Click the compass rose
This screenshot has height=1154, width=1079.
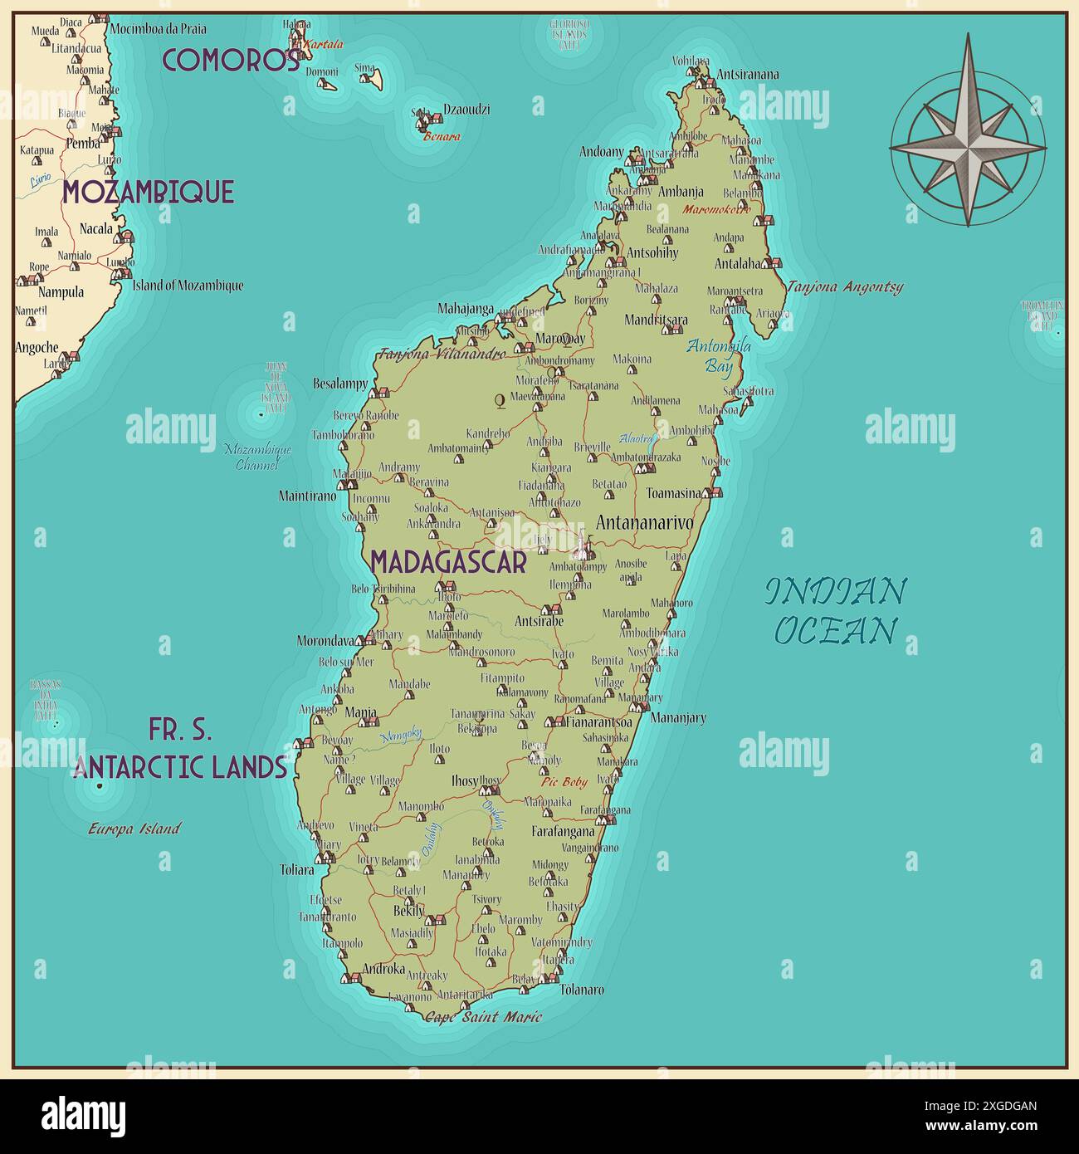(x=968, y=146)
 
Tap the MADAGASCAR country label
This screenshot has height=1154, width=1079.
(x=448, y=562)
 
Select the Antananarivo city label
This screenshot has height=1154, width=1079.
(x=644, y=523)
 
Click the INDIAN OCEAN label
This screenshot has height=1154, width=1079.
(x=835, y=611)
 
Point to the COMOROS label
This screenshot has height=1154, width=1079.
(x=231, y=60)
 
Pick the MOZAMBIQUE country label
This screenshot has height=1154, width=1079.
(x=149, y=192)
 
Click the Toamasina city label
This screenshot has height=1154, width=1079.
(x=673, y=493)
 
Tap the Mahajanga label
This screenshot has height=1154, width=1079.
(x=466, y=309)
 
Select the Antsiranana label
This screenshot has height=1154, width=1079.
(x=747, y=74)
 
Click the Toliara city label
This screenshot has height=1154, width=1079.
(x=297, y=870)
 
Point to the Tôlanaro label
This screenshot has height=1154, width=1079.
(x=582, y=990)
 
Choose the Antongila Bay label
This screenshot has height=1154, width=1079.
(x=718, y=355)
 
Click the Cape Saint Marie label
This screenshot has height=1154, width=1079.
(x=483, y=1017)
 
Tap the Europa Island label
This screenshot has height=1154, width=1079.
(x=134, y=829)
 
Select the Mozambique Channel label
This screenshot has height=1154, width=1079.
(x=258, y=457)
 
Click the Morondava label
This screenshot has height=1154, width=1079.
(x=325, y=641)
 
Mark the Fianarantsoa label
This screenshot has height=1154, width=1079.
(x=598, y=722)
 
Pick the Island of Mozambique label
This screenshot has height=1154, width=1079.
(x=188, y=286)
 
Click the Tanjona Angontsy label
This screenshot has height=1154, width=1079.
(x=844, y=287)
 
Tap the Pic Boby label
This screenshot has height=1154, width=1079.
(x=564, y=782)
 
